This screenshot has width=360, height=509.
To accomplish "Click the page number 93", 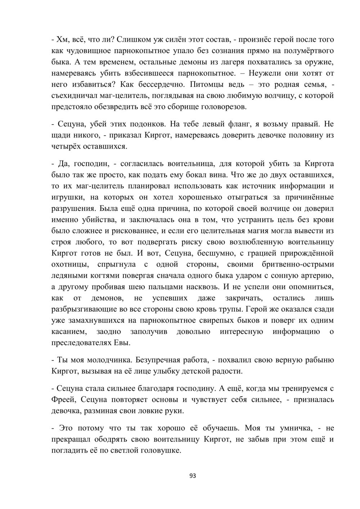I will point(193,476).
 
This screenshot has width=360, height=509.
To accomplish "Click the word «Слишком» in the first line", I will point(134,39).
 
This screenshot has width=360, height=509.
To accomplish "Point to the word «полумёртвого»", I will point(305,50).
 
